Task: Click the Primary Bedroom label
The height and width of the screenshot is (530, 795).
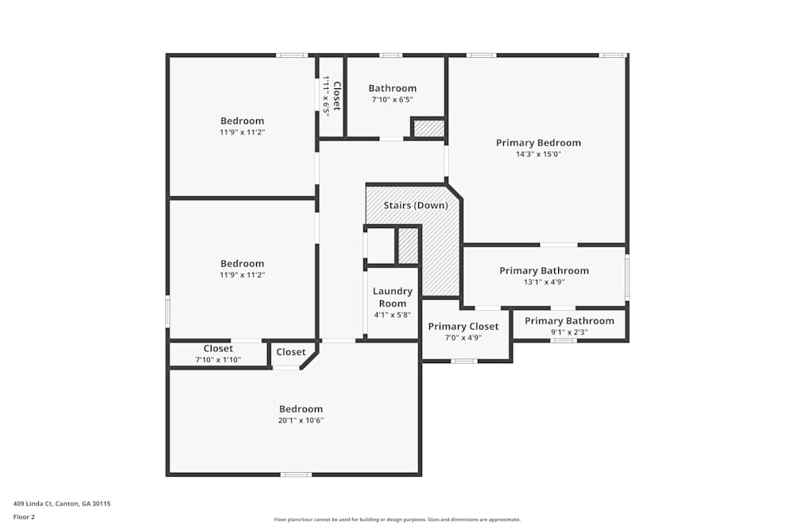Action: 538,143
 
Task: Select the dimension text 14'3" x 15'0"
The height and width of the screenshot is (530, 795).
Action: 538,155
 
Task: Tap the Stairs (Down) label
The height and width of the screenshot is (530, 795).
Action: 416,206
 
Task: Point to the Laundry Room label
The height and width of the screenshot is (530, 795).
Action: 393,297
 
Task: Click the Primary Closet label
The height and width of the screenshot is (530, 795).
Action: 463,327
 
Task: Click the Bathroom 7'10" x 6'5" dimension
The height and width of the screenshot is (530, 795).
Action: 392,99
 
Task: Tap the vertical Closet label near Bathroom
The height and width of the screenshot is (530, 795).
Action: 336,95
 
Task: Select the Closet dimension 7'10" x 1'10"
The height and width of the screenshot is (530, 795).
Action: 218,360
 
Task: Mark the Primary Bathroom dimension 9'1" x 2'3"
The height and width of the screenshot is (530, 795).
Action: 569,332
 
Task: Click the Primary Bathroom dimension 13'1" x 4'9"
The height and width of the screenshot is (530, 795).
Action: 544,282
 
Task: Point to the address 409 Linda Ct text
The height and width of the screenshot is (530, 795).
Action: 62,503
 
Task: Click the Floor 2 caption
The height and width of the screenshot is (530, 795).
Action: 24,516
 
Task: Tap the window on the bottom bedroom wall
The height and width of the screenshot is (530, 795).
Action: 296,474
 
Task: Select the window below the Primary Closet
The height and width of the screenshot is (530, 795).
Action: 464,361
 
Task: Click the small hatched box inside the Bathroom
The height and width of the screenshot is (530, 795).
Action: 429,128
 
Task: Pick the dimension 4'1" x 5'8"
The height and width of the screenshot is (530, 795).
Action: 393,315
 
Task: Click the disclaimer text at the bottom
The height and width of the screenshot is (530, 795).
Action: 397,520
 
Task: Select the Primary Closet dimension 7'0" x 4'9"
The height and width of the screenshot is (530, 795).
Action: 463,338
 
